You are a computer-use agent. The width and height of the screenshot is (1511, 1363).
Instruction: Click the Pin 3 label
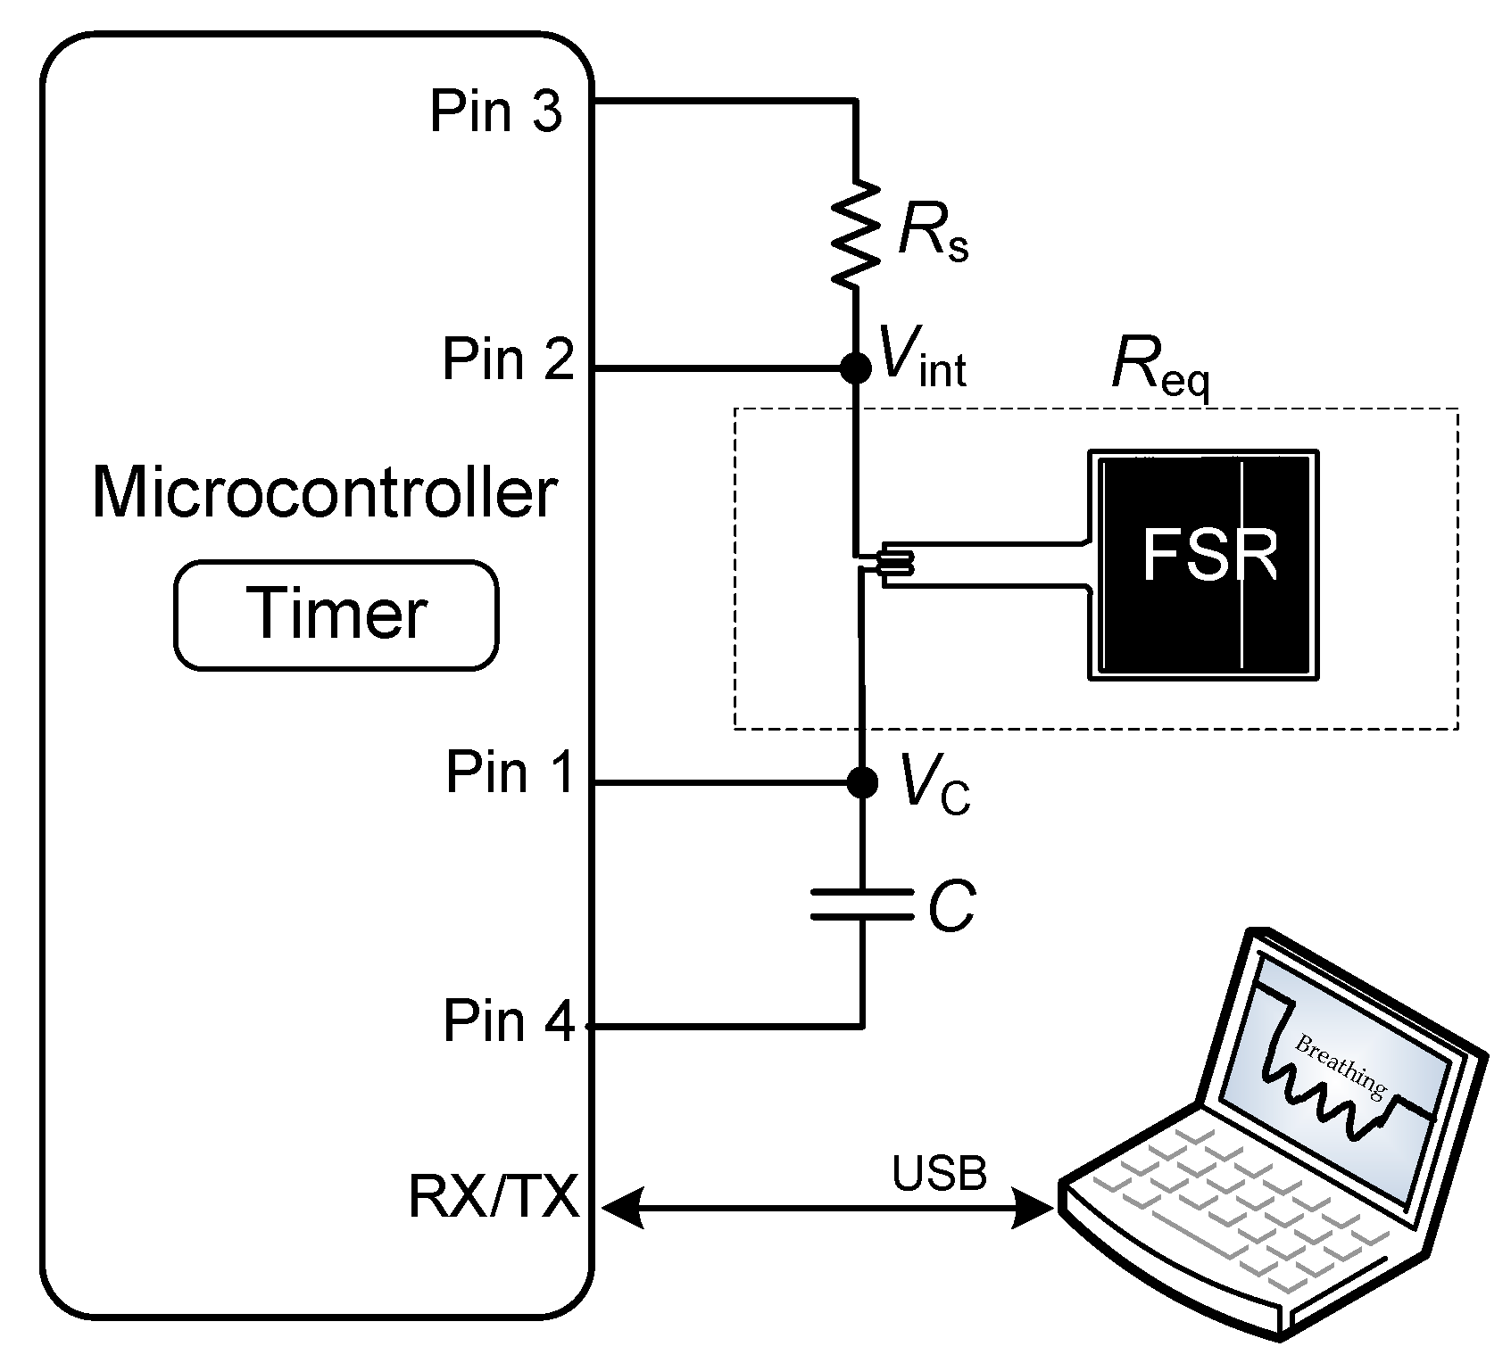coord(495,112)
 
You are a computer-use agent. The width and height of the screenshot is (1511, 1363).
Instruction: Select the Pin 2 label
coord(508,359)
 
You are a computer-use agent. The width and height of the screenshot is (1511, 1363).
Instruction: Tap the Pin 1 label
coord(511,772)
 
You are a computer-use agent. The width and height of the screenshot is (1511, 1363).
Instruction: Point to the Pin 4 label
coord(509,1020)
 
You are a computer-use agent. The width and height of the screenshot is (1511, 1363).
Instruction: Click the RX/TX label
coord(494,1196)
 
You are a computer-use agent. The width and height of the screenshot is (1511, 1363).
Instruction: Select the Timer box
coord(336,615)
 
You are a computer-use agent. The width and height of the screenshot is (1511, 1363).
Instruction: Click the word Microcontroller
coord(324,492)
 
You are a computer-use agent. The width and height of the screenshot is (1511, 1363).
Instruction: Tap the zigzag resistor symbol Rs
coord(856,233)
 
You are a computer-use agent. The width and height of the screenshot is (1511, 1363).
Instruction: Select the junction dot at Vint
coord(856,367)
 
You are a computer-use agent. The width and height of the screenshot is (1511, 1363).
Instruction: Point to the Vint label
coord(922,358)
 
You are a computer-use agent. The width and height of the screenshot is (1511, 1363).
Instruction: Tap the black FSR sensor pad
coord(1202,565)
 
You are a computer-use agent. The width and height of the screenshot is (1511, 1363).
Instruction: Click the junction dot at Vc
coord(861,782)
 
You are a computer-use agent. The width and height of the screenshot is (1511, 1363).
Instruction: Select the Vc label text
coord(934,783)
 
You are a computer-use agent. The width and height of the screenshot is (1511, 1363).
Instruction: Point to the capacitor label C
coord(951,906)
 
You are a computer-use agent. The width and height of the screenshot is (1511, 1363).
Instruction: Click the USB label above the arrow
coord(939,1173)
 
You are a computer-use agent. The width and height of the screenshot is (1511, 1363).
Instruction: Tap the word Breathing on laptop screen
coord(1340,1066)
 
